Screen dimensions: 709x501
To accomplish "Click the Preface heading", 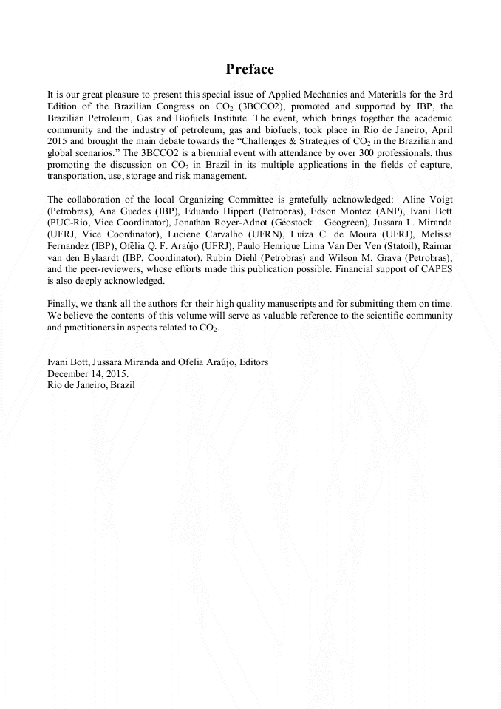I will [250, 69].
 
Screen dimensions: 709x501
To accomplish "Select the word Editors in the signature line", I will [250, 362].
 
